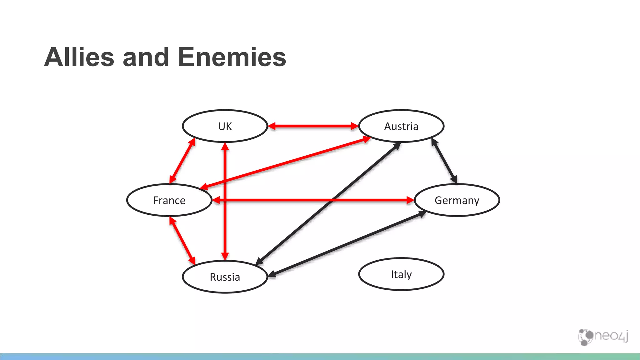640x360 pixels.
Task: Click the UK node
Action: (x=225, y=126)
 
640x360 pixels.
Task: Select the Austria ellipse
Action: (x=401, y=126)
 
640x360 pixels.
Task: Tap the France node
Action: (x=169, y=200)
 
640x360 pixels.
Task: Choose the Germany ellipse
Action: (x=457, y=200)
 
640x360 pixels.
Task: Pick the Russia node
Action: (x=225, y=277)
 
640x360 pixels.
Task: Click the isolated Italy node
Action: (x=401, y=274)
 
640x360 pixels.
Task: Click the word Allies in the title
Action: (x=79, y=57)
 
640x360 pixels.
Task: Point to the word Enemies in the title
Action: (x=232, y=57)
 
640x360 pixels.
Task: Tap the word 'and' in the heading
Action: (x=146, y=57)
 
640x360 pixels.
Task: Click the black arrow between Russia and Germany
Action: (x=347, y=244)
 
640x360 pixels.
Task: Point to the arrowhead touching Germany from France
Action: (x=410, y=200)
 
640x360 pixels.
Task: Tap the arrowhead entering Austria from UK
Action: (x=354, y=126)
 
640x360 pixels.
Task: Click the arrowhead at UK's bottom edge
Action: (x=225, y=146)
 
